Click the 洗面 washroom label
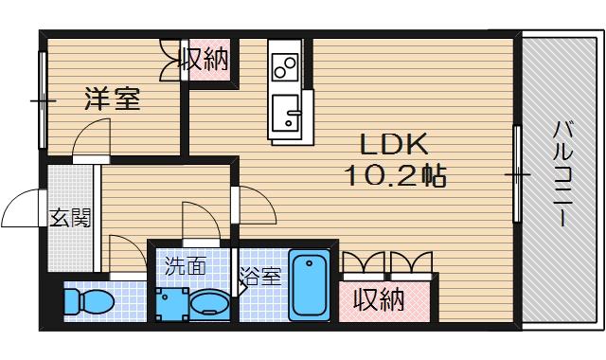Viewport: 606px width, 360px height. tap(186, 266)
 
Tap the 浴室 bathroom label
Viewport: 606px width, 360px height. tap(259, 277)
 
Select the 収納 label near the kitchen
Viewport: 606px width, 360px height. tap(205, 61)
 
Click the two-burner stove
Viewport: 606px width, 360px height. tap(284, 65)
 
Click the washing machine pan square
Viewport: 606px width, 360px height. tap(171, 304)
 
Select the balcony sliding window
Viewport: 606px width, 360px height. tap(517, 174)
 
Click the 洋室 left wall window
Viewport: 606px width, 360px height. tap(42, 99)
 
